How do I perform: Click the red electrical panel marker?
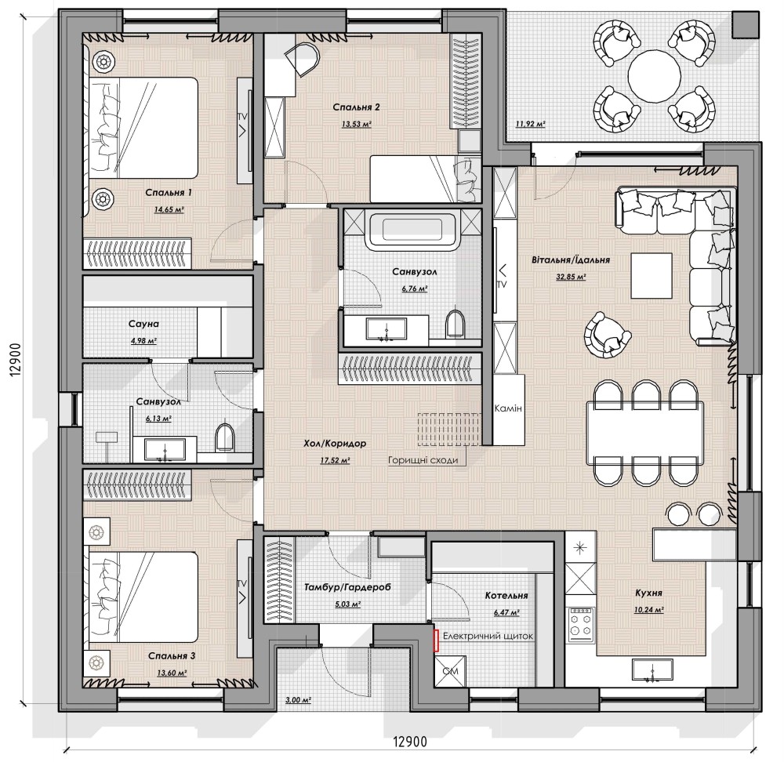pyautogui.click(x=437, y=640)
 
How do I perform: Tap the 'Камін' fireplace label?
pyautogui.click(x=507, y=408)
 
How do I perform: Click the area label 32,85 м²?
pyautogui.click(x=571, y=277)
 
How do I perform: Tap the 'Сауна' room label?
pyautogui.click(x=143, y=324)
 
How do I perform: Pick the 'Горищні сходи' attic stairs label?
pyautogui.click(x=423, y=460)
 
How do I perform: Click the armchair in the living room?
pyautogui.click(x=607, y=335)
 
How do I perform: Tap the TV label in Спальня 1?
pyautogui.click(x=242, y=116)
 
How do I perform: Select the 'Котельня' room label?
pyautogui.click(x=506, y=596)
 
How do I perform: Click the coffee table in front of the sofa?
pyautogui.click(x=652, y=275)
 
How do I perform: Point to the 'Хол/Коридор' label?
pyautogui.click(x=335, y=444)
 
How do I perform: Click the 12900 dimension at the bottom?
pyautogui.click(x=410, y=742)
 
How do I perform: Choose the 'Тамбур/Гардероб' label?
pyautogui.click(x=347, y=587)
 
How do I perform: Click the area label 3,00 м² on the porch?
pyautogui.click(x=298, y=701)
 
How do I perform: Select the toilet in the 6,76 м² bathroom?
pyautogui.click(x=455, y=324)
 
